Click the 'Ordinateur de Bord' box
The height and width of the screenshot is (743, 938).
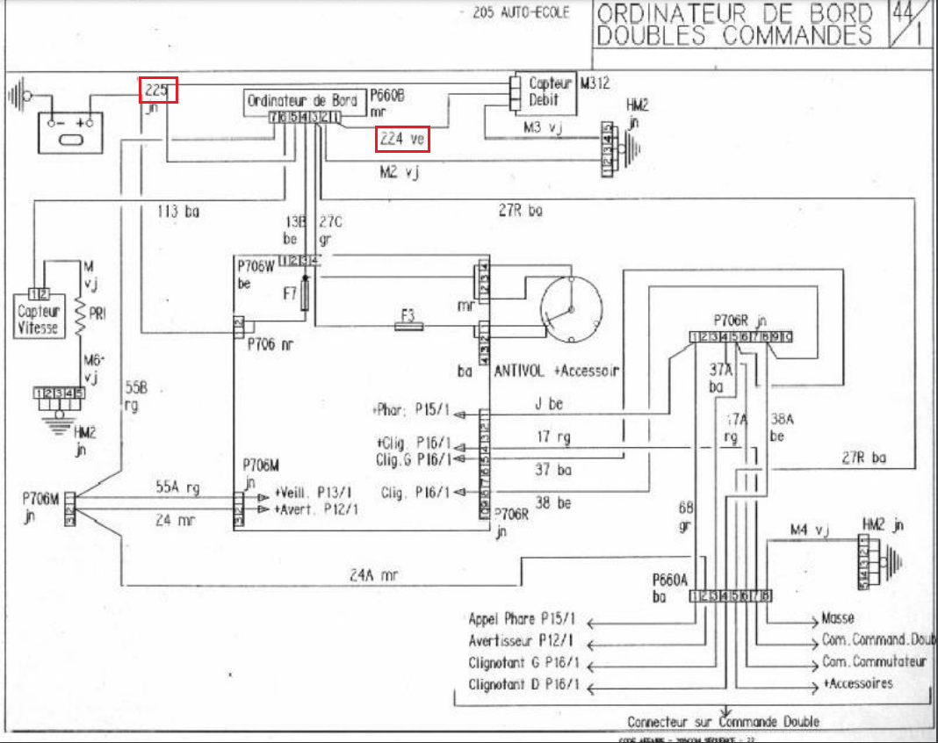point(302,100)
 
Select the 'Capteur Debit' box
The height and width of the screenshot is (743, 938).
point(545,91)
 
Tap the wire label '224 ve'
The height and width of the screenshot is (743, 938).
point(403,139)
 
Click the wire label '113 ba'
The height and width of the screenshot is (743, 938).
point(178,211)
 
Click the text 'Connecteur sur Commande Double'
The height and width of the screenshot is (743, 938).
point(723,721)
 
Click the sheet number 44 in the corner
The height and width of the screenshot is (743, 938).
point(901,13)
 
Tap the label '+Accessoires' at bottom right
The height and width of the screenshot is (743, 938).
point(857,683)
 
